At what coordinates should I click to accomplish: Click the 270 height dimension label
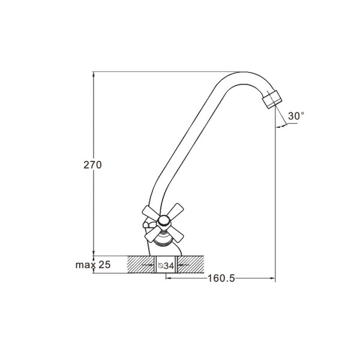coord(92,165)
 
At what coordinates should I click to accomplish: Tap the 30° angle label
coord(296,116)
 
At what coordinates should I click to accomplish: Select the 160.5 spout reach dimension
coord(221,278)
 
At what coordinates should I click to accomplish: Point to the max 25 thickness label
coord(93,265)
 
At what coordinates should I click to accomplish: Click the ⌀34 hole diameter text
coord(166,266)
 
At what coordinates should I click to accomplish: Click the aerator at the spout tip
coord(272,99)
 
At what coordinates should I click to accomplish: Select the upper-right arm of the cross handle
coord(176,210)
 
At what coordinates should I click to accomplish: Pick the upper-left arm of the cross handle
coord(150,212)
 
